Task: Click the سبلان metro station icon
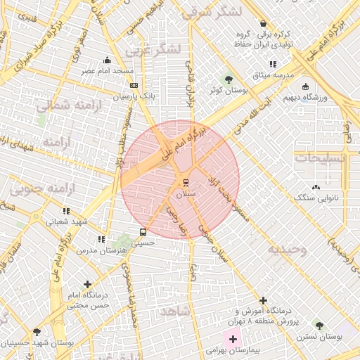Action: pyautogui.click(x=176, y=183)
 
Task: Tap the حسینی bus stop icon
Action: pyautogui.click(x=143, y=231)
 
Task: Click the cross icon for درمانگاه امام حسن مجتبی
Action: pyautogui.click(x=87, y=285)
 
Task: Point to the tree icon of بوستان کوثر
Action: pyautogui.click(x=229, y=79)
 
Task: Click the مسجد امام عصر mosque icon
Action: pyautogui.click(x=107, y=60)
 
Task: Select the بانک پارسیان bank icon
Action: pyautogui.click(x=134, y=86)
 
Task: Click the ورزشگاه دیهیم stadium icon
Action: pyautogui.click(x=304, y=86)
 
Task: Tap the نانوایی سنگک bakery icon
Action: pyautogui.click(x=316, y=187)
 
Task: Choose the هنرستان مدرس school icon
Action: pyautogui.click(x=102, y=239)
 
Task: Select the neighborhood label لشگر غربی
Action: pyautogui.click(x=152, y=50)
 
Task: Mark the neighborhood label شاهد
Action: pyautogui.click(x=176, y=311)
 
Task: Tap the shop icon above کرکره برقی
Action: pyautogui.click(x=263, y=23)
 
